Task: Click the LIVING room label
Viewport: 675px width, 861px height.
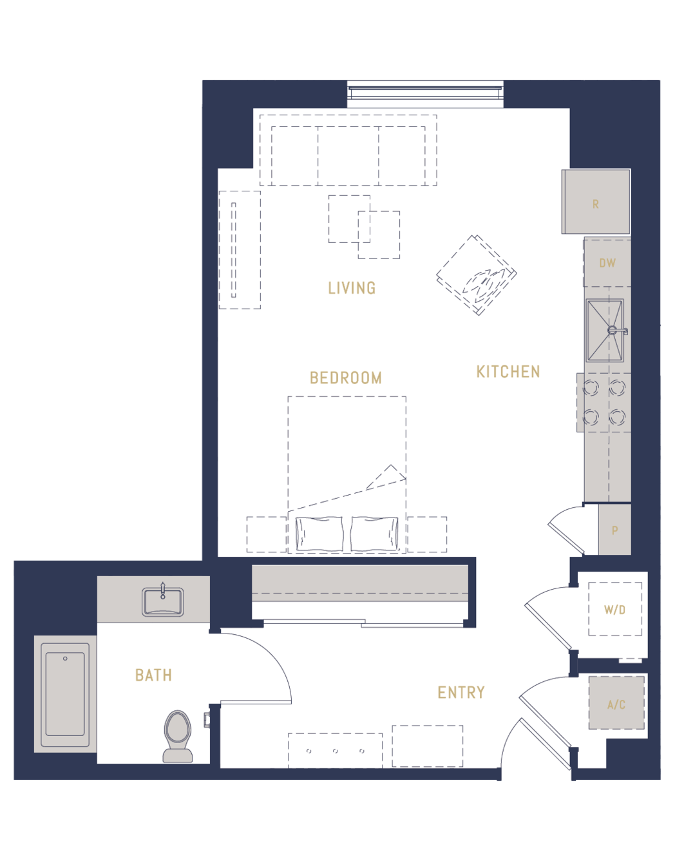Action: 352,288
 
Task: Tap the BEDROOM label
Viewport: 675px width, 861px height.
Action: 346,378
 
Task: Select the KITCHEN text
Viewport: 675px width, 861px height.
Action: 508,372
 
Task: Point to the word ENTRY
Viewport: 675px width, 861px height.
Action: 461,693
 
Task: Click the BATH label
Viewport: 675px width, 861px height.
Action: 153,675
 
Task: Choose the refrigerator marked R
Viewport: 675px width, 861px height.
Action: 596,202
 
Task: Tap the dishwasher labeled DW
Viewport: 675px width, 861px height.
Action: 607,263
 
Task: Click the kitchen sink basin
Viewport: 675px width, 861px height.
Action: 605,331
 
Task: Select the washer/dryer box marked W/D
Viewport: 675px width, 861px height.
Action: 615,610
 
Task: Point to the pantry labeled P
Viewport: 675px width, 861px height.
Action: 614,530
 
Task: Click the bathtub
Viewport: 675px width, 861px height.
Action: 65,694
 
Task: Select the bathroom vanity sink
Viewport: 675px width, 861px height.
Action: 163,602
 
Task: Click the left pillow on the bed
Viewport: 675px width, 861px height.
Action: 319,534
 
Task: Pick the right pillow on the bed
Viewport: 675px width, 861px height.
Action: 374,534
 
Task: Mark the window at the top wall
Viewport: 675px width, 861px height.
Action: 425,94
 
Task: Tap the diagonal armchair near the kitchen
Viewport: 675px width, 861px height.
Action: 477,275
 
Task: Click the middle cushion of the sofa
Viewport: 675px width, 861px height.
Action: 348,156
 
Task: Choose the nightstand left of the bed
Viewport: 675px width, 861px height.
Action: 267,534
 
